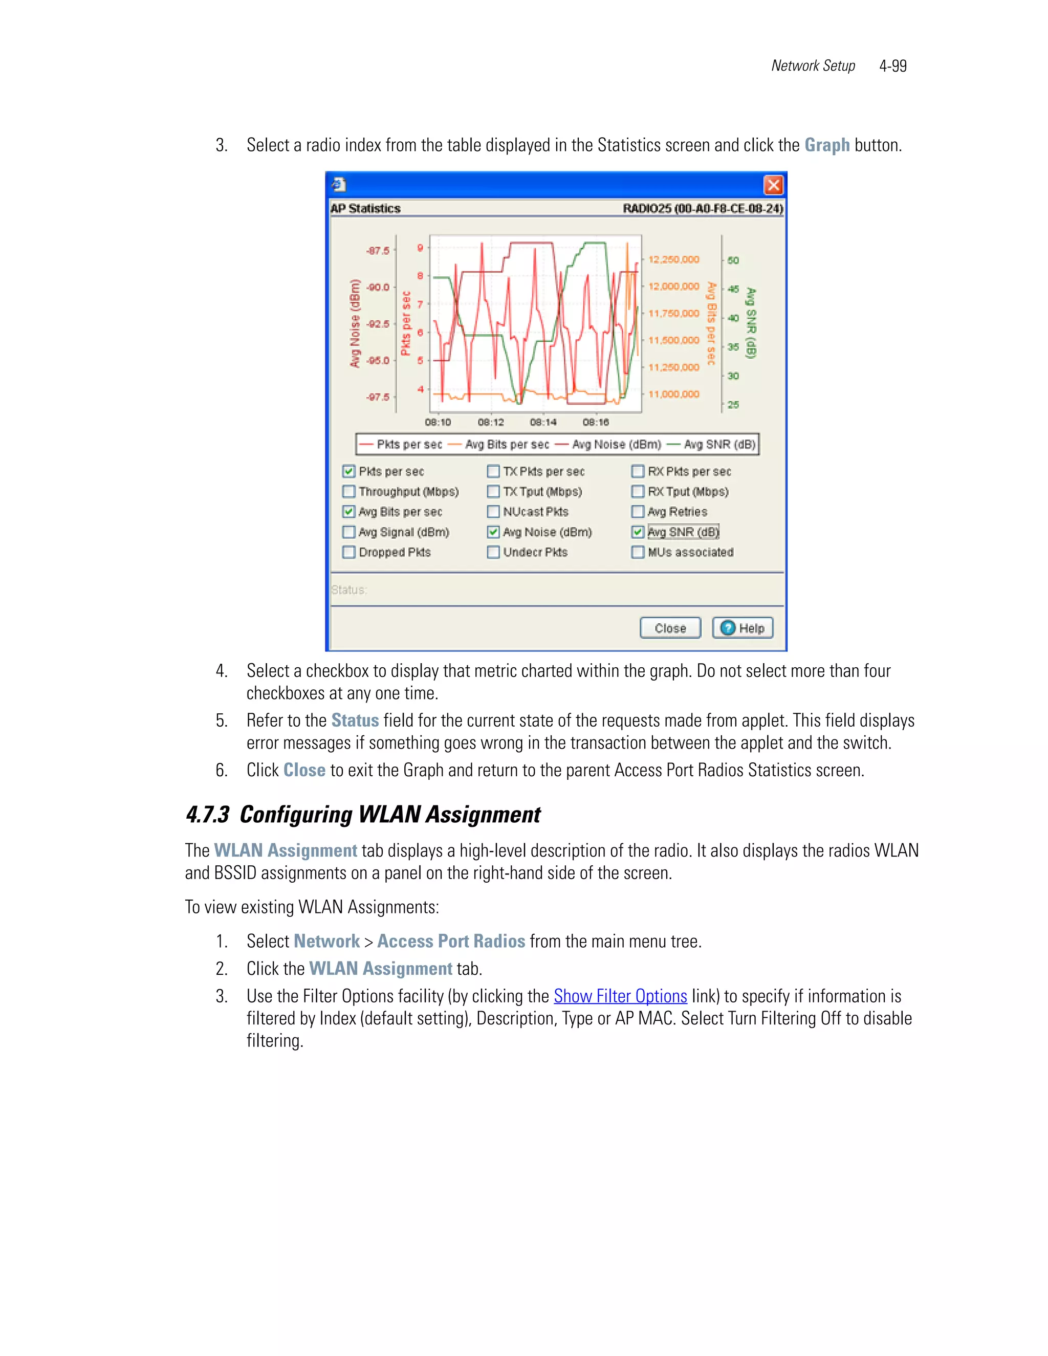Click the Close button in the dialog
(x=670, y=628)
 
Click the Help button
(x=743, y=628)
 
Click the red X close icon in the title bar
(x=773, y=185)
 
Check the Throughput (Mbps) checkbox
(x=349, y=492)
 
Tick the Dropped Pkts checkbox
(x=349, y=552)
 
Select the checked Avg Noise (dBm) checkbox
(x=494, y=532)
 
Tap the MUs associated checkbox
(x=638, y=552)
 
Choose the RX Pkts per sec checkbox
(x=638, y=471)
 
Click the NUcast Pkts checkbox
(x=494, y=512)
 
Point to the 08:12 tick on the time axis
(x=490, y=422)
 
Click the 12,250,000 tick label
(x=673, y=259)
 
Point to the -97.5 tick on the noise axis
(x=378, y=397)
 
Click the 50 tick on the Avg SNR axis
(x=733, y=260)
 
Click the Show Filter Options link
(x=620, y=996)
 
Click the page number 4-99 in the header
(x=893, y=66)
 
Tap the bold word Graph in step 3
(x=826, y=145)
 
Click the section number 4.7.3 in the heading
(x=207, y=815)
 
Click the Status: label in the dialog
(x=349, y=590)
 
